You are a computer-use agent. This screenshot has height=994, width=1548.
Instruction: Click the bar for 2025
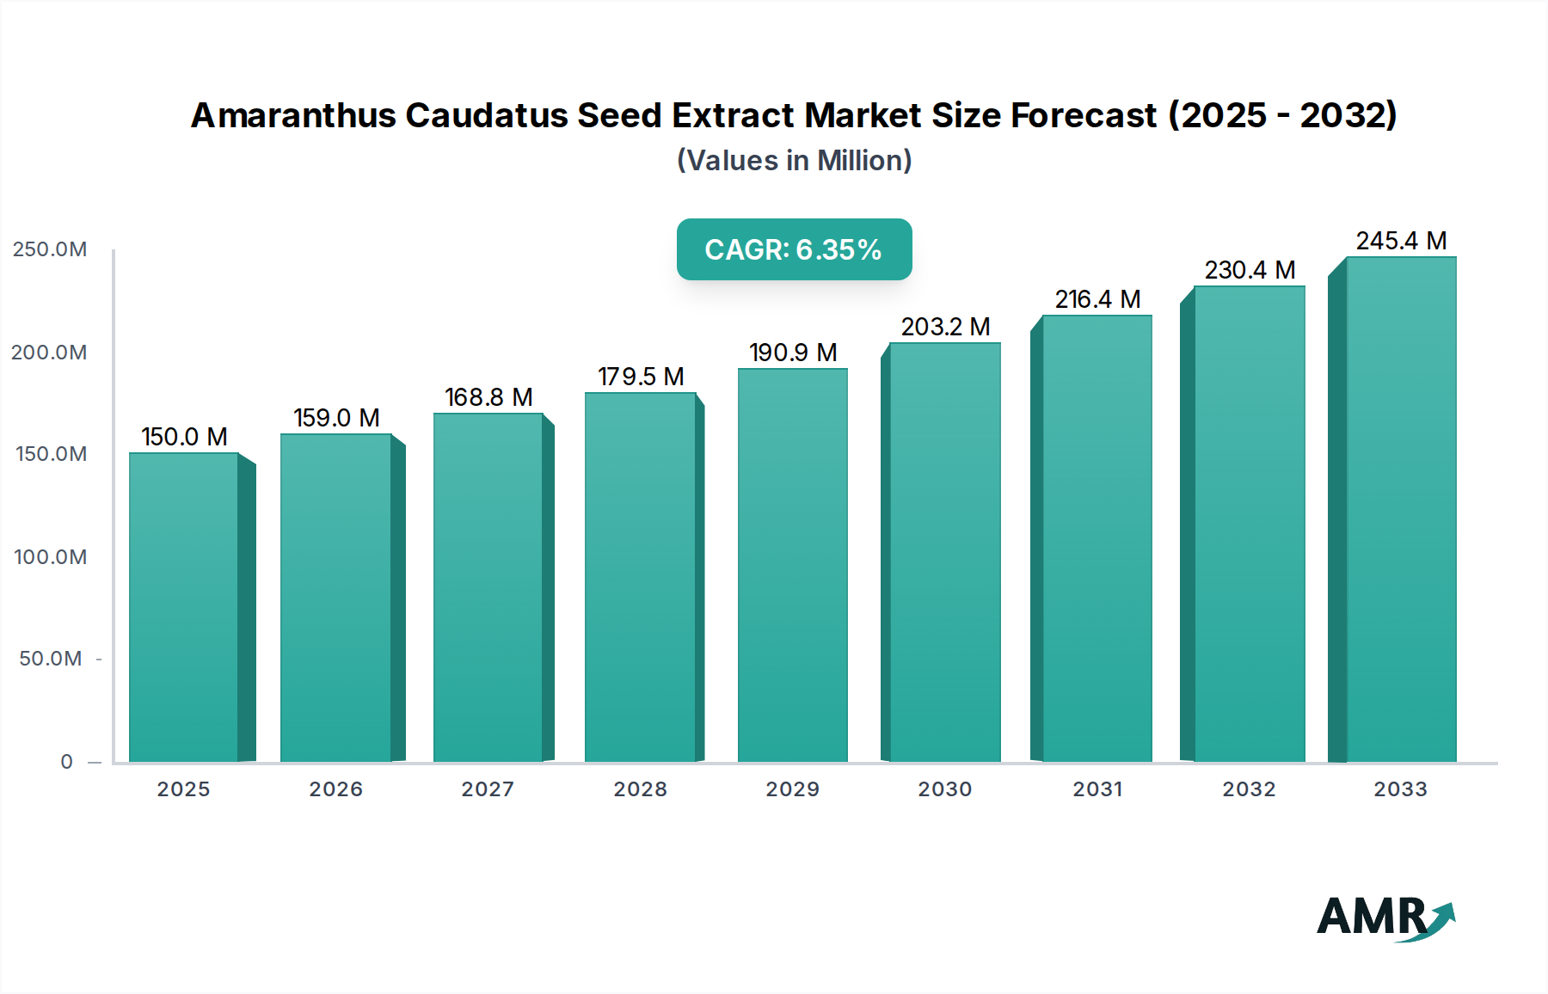[x=184, y=607]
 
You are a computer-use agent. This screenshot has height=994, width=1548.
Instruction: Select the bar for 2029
[x=792, y=565]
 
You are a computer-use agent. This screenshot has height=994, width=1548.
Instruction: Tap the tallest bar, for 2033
[x=1400, y=509]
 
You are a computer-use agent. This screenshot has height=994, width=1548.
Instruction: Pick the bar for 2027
[x=488, y=587]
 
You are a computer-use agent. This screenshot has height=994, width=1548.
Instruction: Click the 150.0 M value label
[x=184, y=437]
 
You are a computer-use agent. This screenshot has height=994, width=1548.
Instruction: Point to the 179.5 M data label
[x=641, y=377]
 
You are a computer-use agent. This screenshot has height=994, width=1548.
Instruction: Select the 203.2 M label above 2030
[x=945, y=327]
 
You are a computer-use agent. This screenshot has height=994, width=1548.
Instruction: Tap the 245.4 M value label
[x=1401, y=241]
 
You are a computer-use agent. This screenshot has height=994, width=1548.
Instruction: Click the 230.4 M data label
[x=1250, y=270]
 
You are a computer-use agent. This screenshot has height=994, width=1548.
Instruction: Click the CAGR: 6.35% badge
[x=794, y=249]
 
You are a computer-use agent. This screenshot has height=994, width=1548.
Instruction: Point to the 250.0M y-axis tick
[x=50, y=249]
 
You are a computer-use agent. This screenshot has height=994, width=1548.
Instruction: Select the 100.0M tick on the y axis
[x=50, y=557]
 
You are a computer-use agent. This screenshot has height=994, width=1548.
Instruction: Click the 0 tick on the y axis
[x=66, y=762]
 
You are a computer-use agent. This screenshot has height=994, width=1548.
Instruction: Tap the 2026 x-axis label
[x=335, y=789]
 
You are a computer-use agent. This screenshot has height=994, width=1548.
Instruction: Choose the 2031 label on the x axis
[x=1097, y=789]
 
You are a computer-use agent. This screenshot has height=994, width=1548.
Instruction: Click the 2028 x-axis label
[x=640, y=789]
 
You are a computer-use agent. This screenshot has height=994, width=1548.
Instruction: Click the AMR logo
[x=1385, y=917]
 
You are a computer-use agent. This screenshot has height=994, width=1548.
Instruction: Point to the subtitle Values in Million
[x=794, y=161]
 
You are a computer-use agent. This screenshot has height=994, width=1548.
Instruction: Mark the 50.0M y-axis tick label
[x=50, y=659]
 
